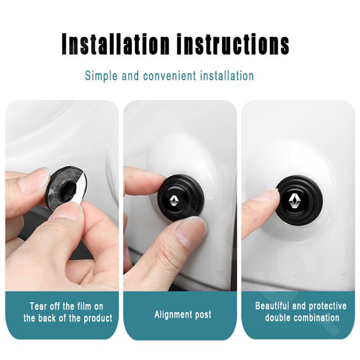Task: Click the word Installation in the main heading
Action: [x=115, y=44]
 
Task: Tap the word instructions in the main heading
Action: [x=233, y=44]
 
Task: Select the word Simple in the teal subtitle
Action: [x=101, y=76]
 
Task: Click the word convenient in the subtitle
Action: [x=170, y=76]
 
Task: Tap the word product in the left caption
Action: [x=98, y=319]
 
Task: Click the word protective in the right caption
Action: [x=328, y=306]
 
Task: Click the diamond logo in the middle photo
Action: [x=175, y=201]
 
